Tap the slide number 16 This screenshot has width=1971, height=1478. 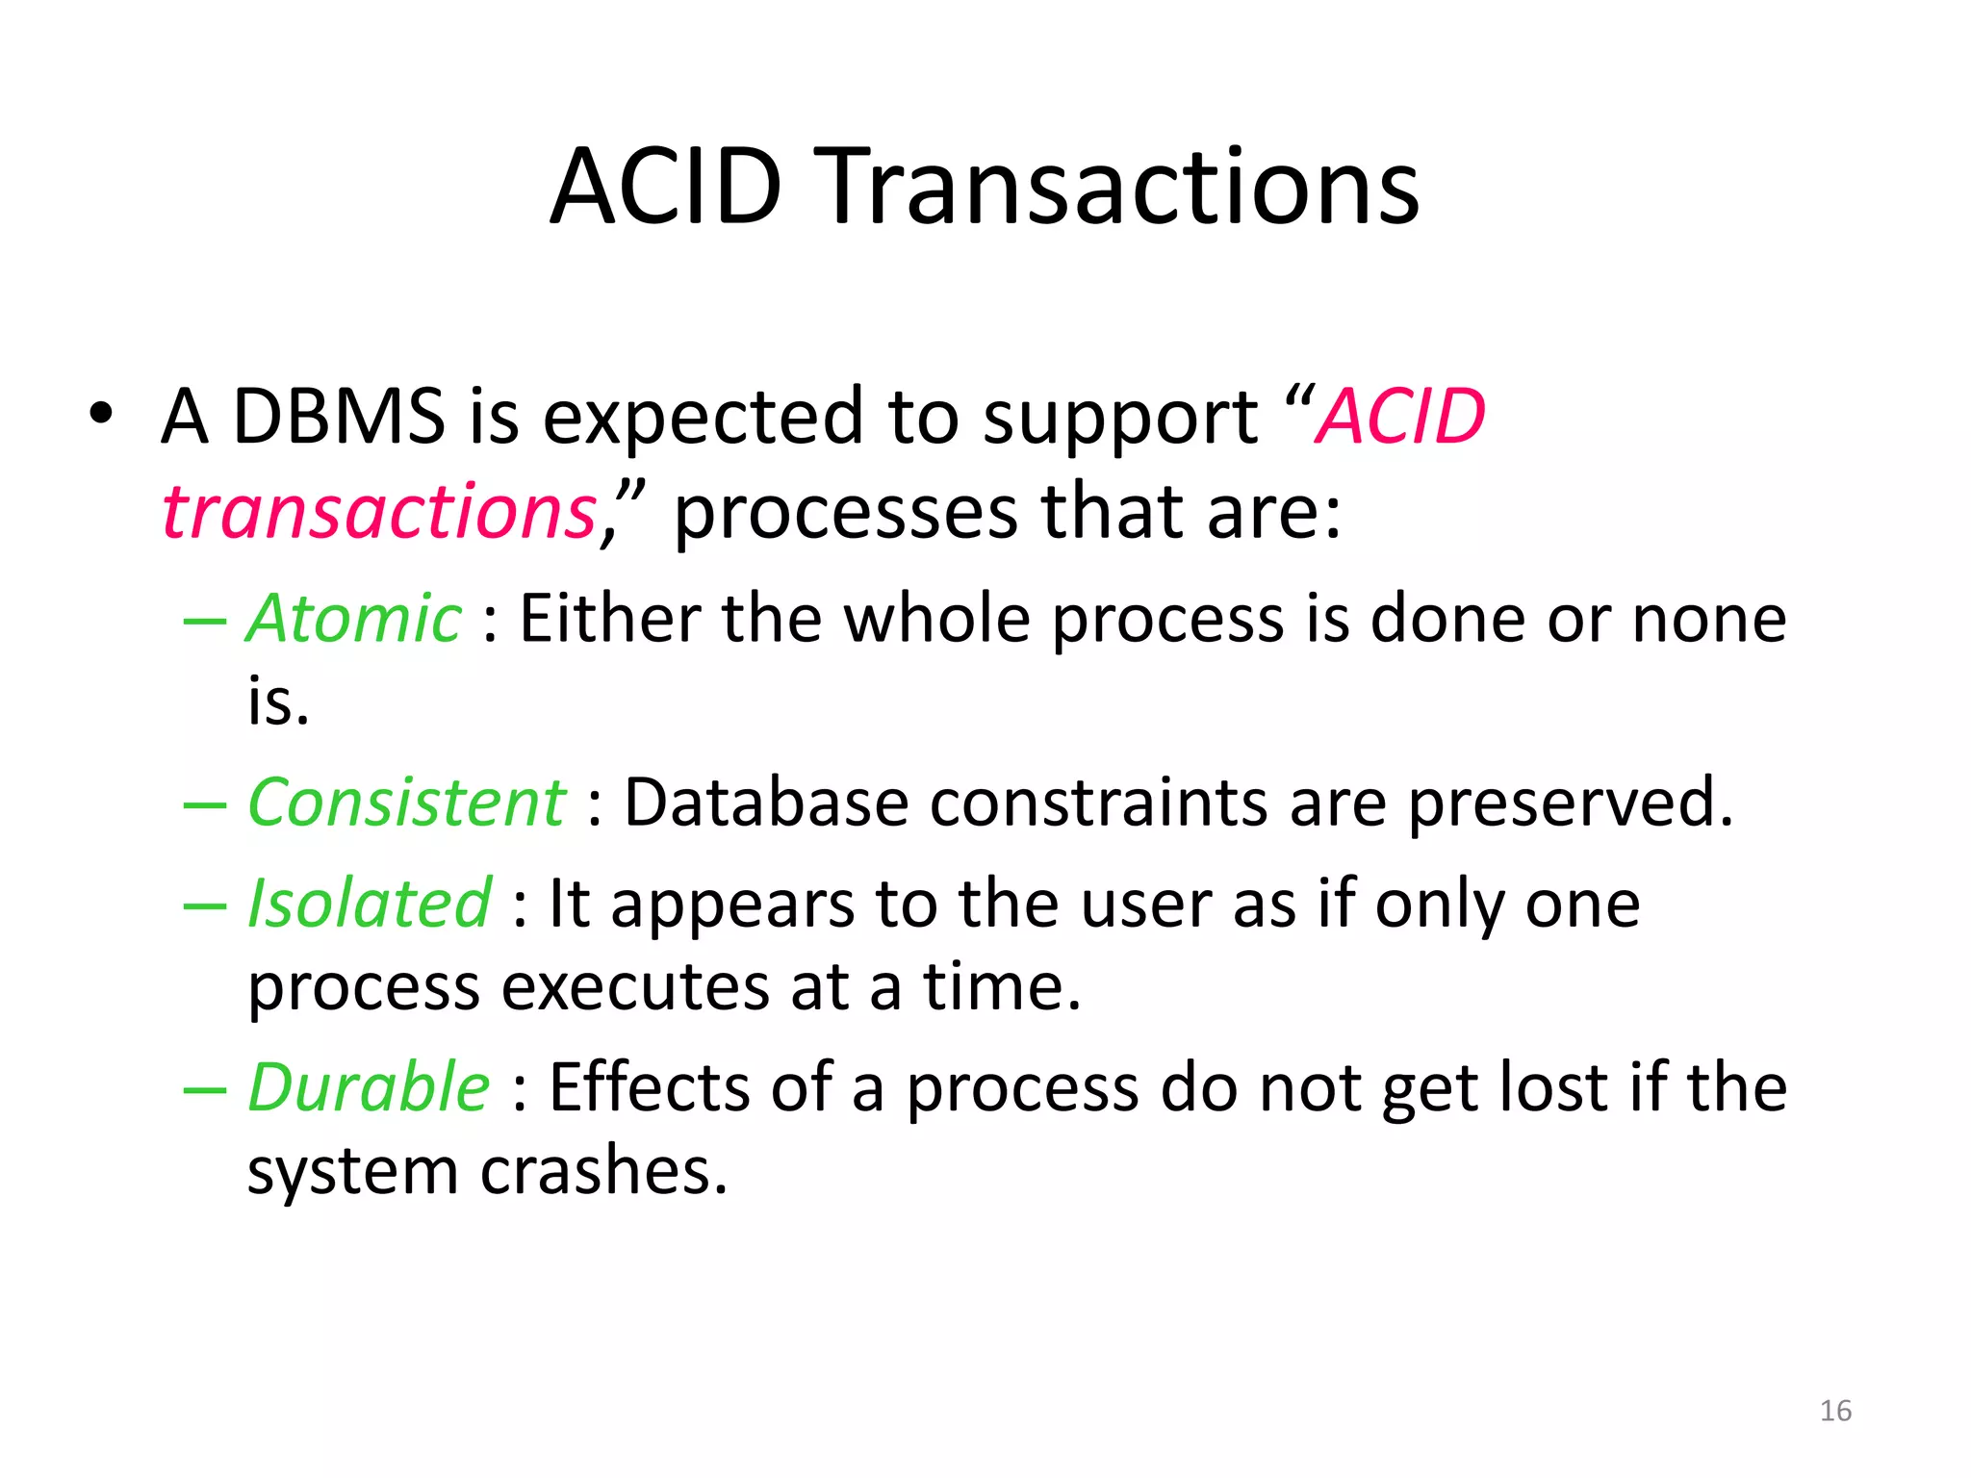[1835, 1411]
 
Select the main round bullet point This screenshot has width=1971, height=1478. [100, 416]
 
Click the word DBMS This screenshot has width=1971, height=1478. [339, 417]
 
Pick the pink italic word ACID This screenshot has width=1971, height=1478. [1401, 417]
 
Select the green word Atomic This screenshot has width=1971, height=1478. [354, 619]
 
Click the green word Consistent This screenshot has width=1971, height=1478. [406, 802]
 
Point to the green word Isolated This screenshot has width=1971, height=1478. [370, 904]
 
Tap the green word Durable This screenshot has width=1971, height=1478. [369, 1087]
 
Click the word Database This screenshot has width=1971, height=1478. [766, 802]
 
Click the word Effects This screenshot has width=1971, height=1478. [649, 1087]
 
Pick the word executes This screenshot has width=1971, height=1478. [635, 988]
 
